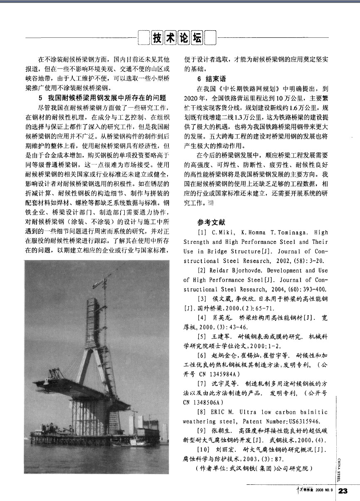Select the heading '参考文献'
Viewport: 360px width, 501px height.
[212, 222]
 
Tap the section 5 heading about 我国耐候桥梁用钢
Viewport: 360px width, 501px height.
[102, 98]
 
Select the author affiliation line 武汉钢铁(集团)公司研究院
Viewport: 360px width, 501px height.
[253, 469]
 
